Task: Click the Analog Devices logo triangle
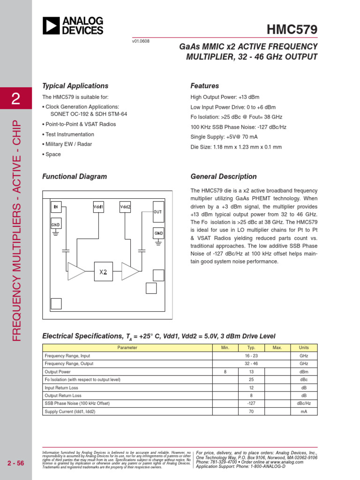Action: (x=51, y=25)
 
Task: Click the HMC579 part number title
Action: (x=292, y=30)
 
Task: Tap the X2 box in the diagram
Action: (x=103, y=271)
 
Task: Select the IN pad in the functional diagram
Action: (x=56, y=207)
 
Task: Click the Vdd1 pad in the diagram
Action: (x=98, y=207)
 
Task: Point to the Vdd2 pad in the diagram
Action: (x=125, y=207)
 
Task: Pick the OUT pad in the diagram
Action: (x=158, y=212)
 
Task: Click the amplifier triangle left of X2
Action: (x=75, y=271)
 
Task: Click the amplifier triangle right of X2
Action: (x=129, y=271)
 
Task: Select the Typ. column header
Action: (x=251, y=348)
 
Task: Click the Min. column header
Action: (x=225, y=348)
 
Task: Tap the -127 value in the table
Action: (x=251, y=404)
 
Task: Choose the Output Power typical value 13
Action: (x=251, y=372)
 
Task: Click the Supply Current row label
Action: (x=70, y=412)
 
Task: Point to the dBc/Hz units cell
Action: (x=304, y=404)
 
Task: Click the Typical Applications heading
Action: (x=75, y=86)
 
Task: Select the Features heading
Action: (x=204, y=86)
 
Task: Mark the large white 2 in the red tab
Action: (x=16, y=99)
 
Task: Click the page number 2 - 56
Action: (x=16, y=464)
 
